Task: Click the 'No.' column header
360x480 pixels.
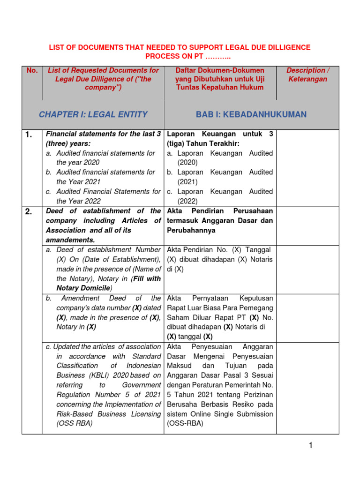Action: point(32,70)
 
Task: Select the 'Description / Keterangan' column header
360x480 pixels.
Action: point(308,75)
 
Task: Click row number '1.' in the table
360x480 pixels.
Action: point(29,135)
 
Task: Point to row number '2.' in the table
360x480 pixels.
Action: point(29,212)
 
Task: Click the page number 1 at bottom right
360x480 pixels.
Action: point(310,446)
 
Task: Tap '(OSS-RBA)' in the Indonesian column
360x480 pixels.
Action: point(185,423)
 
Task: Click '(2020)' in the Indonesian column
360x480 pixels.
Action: point(187,163)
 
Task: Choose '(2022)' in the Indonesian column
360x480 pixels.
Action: point(187,201)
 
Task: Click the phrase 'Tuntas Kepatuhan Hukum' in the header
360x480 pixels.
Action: point(219,87)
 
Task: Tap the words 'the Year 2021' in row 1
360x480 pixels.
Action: point(78,182)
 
